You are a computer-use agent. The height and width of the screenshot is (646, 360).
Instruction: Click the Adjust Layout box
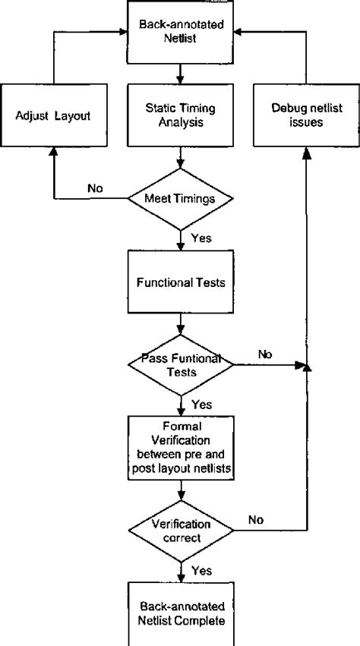coord(54,115)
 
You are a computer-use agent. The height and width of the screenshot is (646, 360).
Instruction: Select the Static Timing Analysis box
coord(180,115)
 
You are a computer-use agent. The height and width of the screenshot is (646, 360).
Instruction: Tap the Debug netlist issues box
coord(306,115)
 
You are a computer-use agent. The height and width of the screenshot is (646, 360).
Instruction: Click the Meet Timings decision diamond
coord(180,199)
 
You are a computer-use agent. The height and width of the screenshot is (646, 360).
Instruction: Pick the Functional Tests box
coord(180,282)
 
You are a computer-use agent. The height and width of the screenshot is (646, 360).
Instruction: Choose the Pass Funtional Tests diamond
coord(181,364)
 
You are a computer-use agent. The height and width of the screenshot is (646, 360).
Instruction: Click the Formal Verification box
coord(181,448)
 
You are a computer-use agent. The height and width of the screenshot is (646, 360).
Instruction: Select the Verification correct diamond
coord(181,531)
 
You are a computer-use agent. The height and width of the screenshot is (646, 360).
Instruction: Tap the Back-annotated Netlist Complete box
coord(181,614)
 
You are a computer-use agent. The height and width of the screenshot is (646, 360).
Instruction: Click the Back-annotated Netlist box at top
coord(180,32)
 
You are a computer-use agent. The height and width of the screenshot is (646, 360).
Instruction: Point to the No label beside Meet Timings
coord(95,188)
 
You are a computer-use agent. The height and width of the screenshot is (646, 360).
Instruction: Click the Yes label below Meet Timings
coord(202,238)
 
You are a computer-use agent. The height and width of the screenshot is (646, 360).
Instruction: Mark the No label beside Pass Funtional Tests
coord(265,355)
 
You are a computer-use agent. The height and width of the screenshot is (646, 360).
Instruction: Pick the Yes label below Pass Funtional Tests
coord(202,405)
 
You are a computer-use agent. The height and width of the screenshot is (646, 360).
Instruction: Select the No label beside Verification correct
coord(256,520)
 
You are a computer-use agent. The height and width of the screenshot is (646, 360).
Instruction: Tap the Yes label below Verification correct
coord(202,571)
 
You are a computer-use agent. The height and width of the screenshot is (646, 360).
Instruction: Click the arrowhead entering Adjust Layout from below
coord(53,151)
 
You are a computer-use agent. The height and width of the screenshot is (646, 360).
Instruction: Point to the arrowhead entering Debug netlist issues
coord(306,153)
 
